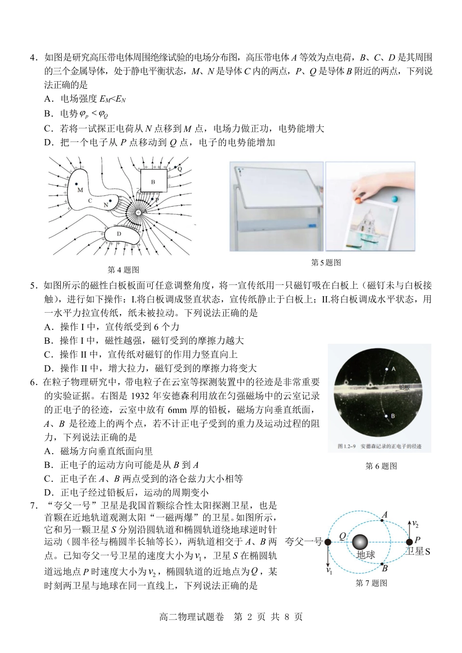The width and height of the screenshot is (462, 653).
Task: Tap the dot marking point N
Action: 111,200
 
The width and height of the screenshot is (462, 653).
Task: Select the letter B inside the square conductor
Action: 153,182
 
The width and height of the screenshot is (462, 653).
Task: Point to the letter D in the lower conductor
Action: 119,234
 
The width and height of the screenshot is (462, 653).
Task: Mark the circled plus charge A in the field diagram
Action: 139,213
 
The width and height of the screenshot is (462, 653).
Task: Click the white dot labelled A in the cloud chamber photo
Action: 387,369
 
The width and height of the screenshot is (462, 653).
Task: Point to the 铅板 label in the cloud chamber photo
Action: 405,387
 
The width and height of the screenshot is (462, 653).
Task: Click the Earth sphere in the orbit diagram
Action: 360,542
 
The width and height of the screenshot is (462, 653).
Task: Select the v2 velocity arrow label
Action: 415,524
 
